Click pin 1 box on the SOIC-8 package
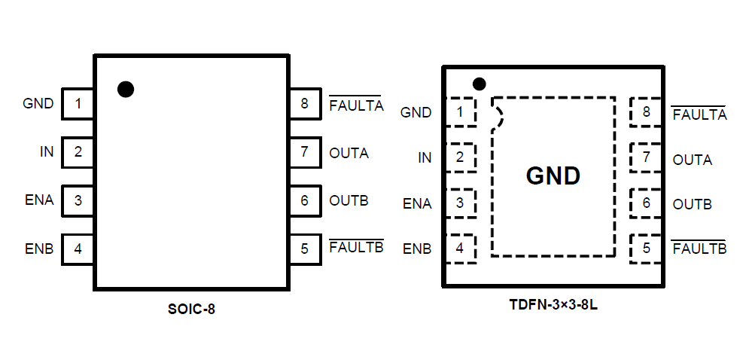78,104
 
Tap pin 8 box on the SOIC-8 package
304,104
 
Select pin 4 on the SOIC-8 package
78,248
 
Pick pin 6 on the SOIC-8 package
304,200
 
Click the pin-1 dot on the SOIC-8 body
126,89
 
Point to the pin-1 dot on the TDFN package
479,84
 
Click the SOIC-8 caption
191,308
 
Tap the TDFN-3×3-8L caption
553,307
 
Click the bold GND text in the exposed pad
553,176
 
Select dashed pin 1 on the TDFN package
461,113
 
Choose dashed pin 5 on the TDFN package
646,248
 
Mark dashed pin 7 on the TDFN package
646,158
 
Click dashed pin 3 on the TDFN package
461,203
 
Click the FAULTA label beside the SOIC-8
356,105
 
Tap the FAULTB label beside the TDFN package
699,249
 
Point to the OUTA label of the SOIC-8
349,153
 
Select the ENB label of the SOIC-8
39,249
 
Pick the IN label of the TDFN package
425,158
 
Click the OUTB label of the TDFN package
692,204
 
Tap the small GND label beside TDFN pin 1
416,113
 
